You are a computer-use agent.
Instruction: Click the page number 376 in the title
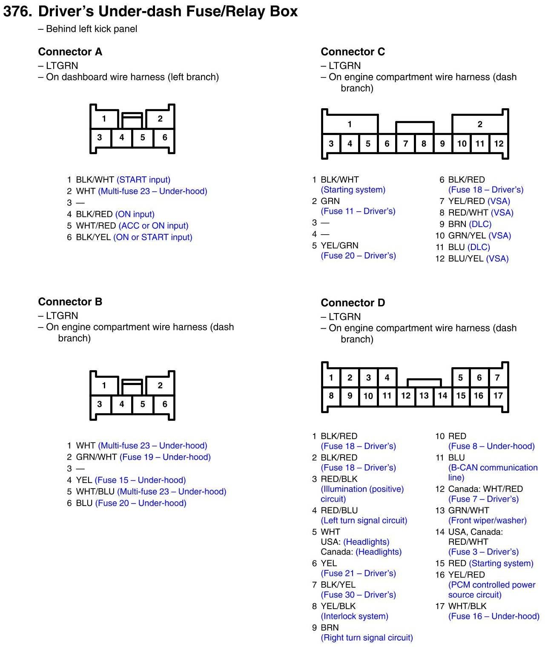[17, 12]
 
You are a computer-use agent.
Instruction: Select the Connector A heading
[70, 52]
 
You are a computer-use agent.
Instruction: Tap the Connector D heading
[353, 303]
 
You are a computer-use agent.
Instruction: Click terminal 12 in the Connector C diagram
[499, 144]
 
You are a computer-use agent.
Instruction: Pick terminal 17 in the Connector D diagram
[498, 396]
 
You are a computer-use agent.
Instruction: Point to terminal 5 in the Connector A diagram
[143, 138]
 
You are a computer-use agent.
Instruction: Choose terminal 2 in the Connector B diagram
[160, 385]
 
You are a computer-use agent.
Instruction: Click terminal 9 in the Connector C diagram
[442, 144]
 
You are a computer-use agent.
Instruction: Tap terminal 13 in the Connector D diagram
[424, 396]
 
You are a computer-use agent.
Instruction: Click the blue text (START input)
[143, 180]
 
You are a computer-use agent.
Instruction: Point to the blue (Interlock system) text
[354, 616]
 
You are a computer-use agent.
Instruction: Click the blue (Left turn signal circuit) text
[364, 520]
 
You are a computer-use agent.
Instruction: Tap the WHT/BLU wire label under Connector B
[95, 492]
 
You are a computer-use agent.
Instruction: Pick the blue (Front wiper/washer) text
[488, 520]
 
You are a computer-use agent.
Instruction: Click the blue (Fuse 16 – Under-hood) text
[493, 616]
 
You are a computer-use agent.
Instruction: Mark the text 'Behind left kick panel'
[92, 29]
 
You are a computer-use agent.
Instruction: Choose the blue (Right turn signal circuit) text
[367, 638]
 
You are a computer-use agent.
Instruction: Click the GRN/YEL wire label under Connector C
[467, 236]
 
